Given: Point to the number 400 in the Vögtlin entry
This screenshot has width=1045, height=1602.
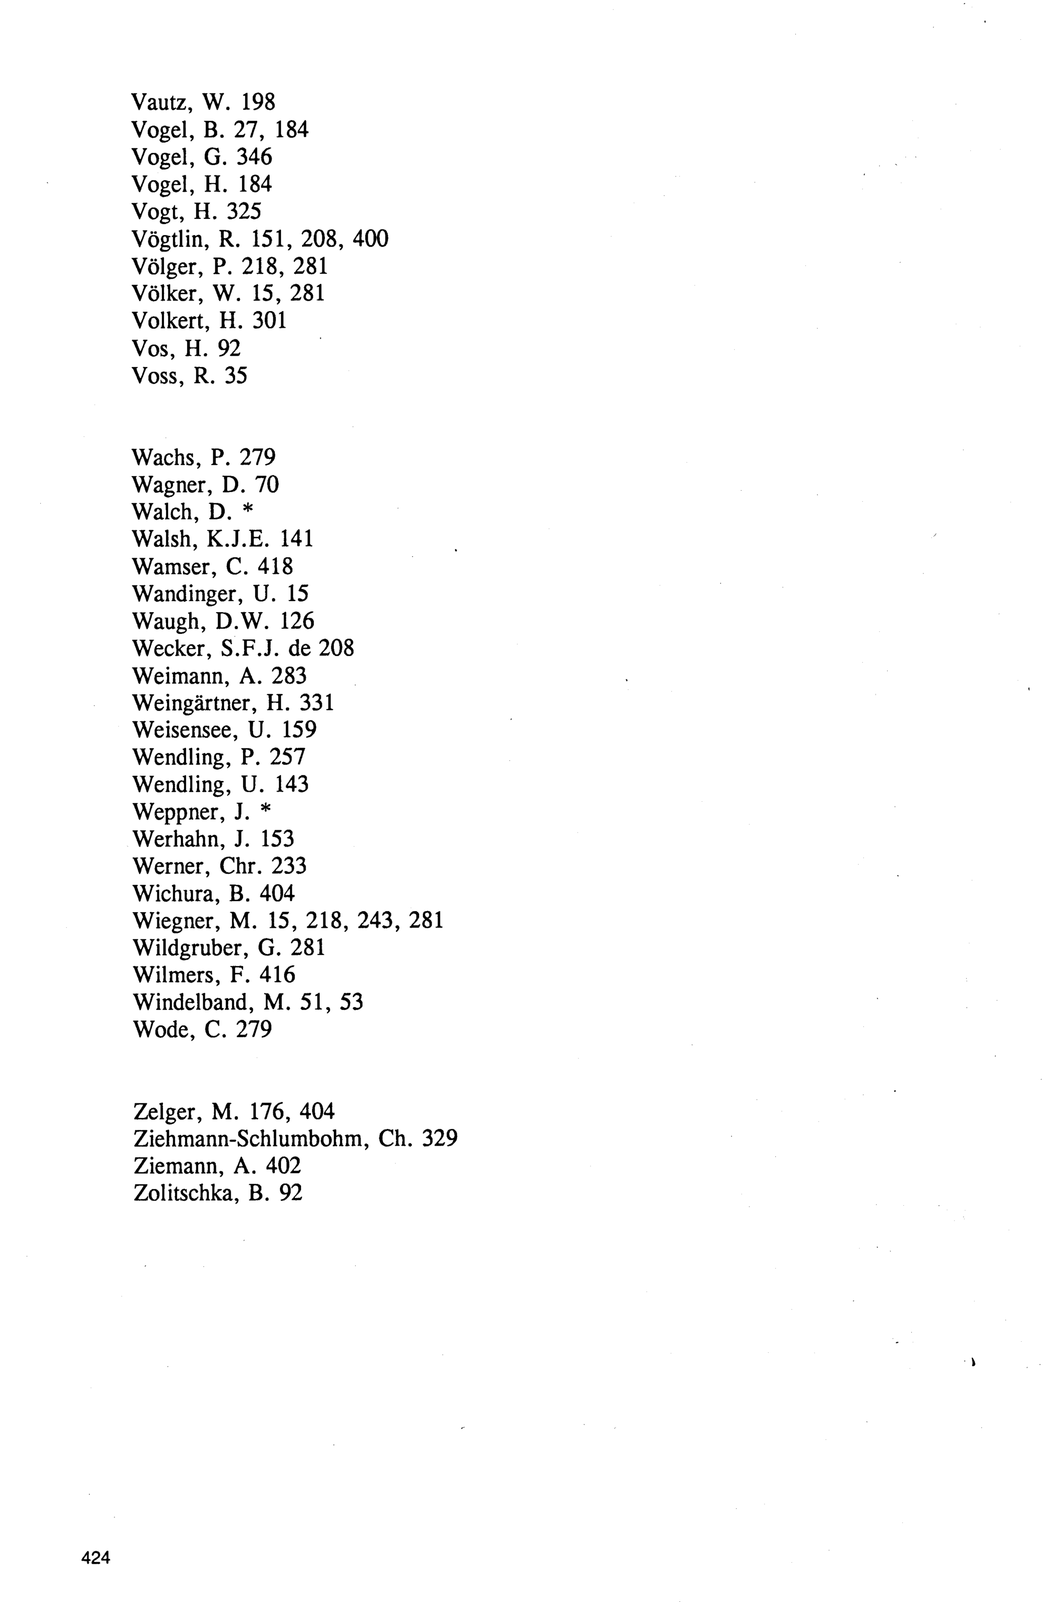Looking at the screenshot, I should [x=370, y=238].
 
